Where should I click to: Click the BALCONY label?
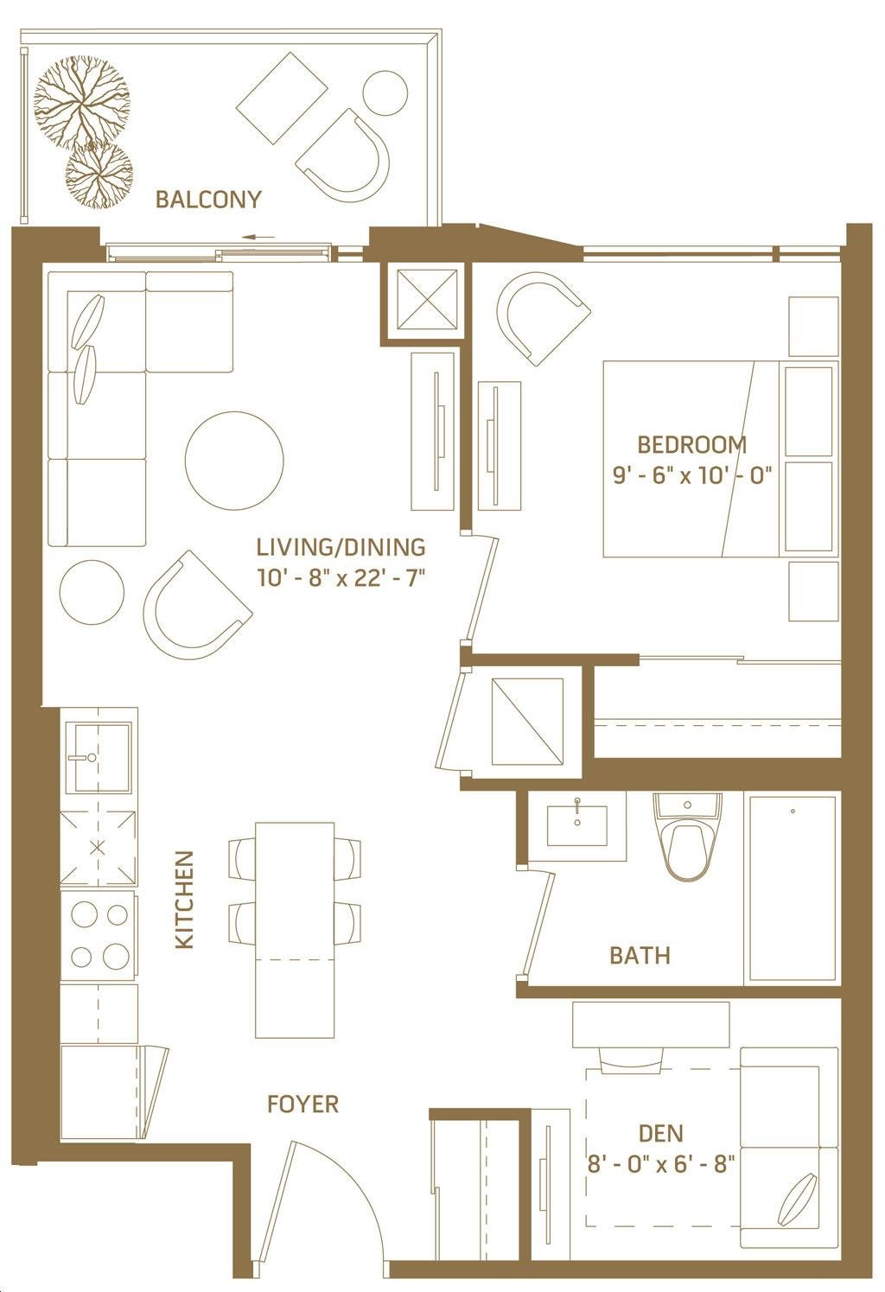tap(208, 200)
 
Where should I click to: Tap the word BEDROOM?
tap(691, 445)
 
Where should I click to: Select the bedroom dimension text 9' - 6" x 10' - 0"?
tap(691, 476)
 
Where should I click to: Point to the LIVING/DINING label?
tap(341, 547)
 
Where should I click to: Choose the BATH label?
tap(640, 956)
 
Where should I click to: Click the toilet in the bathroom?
tap(687, 837)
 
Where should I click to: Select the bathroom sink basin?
tap(577, 825)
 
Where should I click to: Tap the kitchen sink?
tap(98, 758)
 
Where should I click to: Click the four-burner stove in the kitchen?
tap(98, 935)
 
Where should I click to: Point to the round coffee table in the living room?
tap(234, 461)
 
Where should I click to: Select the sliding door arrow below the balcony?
tap(258, 237)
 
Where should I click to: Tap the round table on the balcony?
tap(386, 92)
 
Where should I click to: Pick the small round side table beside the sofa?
tap(92, 592)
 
